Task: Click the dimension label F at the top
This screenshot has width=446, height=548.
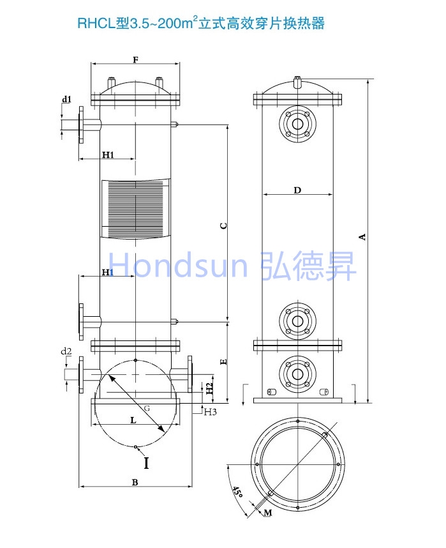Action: [135, 60]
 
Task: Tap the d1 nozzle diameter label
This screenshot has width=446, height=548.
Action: [67, 99]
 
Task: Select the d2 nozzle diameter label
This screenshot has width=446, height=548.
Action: [66, 351]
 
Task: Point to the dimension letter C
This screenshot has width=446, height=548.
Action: [224, 225]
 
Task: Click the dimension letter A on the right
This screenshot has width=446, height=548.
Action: [362, 237]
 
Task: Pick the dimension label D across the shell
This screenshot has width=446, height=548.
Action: [297, 190]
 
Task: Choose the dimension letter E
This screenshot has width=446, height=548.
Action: [224, 362]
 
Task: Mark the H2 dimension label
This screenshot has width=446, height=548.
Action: [209, 388]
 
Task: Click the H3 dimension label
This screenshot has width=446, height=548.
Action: [211, 412]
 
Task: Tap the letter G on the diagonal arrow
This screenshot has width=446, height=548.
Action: [147, 408]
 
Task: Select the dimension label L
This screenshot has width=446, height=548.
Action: [133, 420]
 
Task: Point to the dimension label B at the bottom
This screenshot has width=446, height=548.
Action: [135, 482]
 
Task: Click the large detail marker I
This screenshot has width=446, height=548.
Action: [146, 462]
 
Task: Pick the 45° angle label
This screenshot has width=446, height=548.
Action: [237, 492]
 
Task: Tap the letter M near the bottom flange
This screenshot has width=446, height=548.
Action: [268, 513]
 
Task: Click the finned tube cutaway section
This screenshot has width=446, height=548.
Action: [135, 209]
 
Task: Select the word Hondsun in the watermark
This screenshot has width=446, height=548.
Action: [178, 265]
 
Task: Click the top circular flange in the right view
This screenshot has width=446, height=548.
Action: [297, 124]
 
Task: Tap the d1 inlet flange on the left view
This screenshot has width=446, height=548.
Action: [81, 125]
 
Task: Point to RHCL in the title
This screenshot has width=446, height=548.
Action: [96, 24]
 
